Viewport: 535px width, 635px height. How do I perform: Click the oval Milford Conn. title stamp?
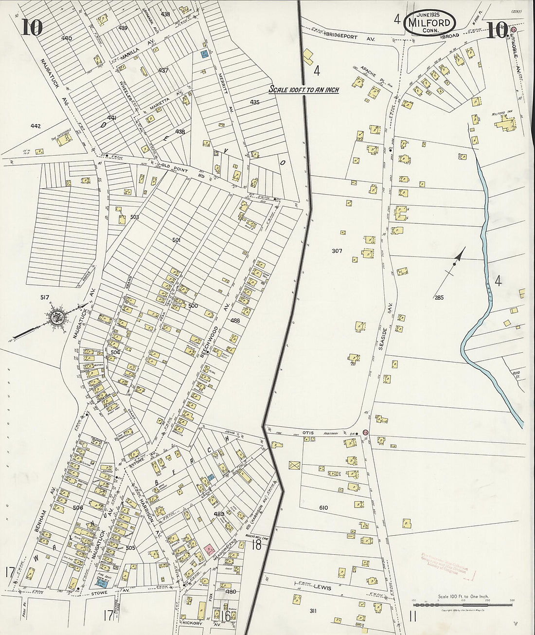429,22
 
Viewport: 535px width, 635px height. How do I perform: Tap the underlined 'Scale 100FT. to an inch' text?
304,90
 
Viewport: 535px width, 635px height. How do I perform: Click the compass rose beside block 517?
56,318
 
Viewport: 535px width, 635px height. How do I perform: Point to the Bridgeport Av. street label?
348,36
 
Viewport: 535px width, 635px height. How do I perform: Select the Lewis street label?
321,588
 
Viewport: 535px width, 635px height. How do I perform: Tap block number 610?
323,508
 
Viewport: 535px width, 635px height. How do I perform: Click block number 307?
337,251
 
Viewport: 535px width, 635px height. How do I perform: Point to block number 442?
36,126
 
